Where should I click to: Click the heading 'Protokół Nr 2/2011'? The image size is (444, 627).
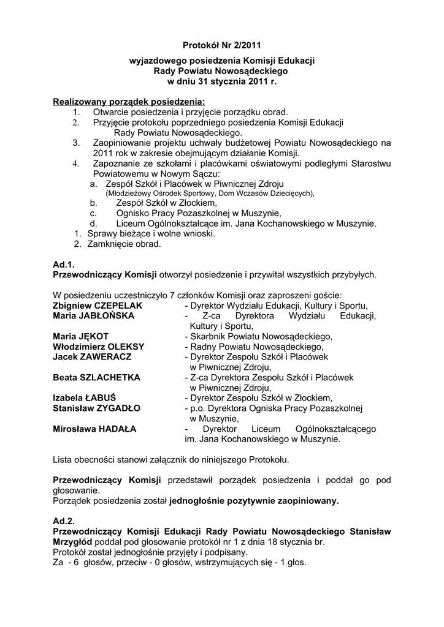point(221,45)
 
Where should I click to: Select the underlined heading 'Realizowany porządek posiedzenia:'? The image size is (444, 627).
point(129,101)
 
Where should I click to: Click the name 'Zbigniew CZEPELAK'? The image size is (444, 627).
point(98,306)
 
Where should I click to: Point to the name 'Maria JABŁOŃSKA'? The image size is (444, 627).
point(94,316)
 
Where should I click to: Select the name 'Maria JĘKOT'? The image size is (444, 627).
point(81,336)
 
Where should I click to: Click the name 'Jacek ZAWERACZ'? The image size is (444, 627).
point(92,356)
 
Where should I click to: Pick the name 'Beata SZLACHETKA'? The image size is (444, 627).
point(97,377)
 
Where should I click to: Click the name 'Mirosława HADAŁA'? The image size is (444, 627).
point(95,429)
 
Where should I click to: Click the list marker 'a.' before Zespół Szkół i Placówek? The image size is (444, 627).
point(93,183)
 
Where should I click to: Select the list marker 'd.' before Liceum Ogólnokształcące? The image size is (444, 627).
point(94,223)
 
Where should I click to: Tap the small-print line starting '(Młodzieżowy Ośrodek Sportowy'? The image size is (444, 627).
point(210,193)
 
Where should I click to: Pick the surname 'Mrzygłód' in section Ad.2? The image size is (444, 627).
point(73,542)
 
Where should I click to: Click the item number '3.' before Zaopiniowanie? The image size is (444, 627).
point(77,143)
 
